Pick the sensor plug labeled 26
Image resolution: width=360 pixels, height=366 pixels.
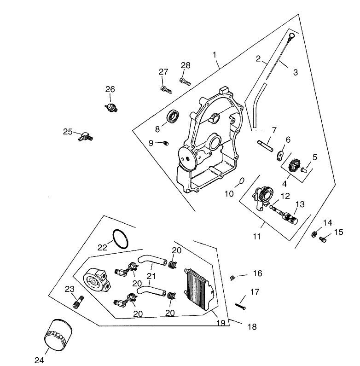point(110,107)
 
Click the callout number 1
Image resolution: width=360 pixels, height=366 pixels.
point(215,55)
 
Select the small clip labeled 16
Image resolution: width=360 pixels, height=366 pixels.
point(233,277)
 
